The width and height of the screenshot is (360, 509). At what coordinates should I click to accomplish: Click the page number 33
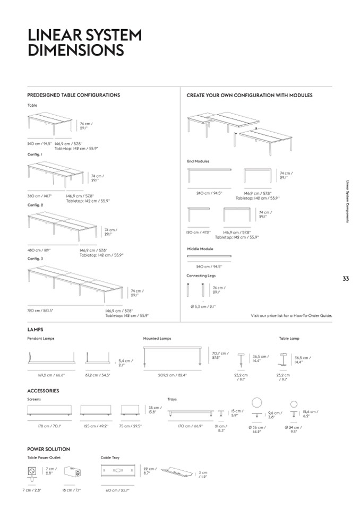pos(345,279)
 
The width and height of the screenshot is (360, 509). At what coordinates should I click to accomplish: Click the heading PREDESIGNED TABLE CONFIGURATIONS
pos(73,95)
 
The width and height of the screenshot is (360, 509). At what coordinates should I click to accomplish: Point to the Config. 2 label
pos(35,204)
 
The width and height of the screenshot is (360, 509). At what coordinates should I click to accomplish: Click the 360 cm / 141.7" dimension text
pos(40,195)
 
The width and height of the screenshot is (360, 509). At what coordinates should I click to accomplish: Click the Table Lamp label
pos(289,338)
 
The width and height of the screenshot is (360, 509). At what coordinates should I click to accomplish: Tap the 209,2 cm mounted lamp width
pos(172,375)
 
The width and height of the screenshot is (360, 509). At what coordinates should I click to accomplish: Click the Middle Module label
pos(200,248)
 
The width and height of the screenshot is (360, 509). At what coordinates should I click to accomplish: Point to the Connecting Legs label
pos(201,275)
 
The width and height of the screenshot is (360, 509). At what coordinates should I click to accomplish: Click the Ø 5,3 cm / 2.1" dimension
pos(203,306)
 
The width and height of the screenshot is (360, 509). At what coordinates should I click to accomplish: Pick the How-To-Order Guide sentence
pos(291,315)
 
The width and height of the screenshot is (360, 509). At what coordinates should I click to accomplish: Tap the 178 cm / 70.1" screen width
pos(50,426)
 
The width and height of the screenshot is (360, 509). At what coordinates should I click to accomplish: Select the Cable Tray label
pos(110,457)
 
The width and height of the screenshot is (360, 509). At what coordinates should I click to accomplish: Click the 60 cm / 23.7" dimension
pos(118,490)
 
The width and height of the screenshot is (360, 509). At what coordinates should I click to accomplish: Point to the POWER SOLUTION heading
pos(48,449)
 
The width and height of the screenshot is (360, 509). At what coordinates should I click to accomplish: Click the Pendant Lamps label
pos(41,338)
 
